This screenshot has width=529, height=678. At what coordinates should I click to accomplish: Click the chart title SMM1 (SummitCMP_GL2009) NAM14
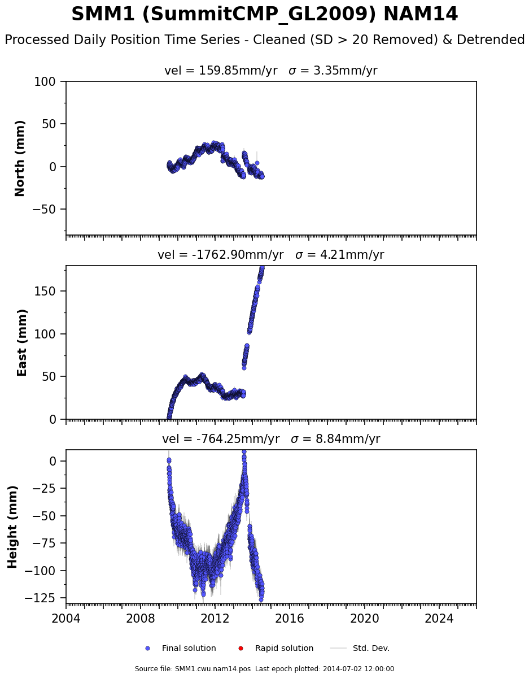(x=264, y=15)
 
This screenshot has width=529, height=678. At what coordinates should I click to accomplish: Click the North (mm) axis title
(x=20, y=158)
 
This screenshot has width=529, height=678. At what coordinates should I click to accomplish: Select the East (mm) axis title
(x=23, y=342)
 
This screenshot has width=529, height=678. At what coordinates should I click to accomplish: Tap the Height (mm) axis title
(x=13, y=527)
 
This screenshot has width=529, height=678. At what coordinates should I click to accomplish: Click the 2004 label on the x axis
(x=66, y=618)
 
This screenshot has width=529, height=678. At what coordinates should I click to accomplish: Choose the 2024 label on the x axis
(x=439, y=618)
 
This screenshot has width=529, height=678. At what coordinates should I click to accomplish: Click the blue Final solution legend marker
(x=147, y=649)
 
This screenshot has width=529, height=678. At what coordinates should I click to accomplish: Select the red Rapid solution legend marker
(x=241, y=649)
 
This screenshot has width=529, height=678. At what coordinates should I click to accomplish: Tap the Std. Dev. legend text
(x=371, y=649)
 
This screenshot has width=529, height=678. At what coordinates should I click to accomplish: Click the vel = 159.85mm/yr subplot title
(x=270, y=71)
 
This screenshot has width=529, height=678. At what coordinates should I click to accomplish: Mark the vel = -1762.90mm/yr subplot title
(x=270, y=255)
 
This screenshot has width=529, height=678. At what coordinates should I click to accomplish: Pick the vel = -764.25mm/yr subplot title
(x=270, y=439)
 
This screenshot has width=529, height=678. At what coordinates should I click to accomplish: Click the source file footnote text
(x=264, y=669)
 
